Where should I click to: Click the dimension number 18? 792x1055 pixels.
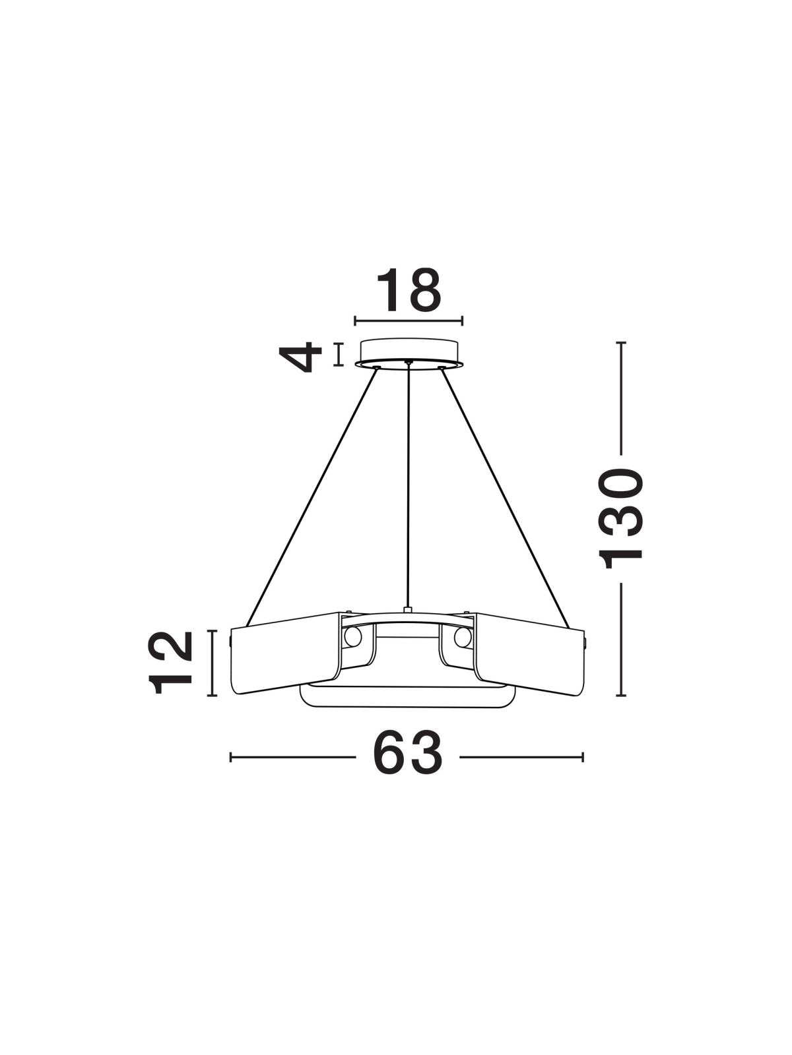[x=409, y=290]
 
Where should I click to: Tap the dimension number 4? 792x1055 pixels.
[x=300, y=357]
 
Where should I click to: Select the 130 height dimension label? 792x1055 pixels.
[x=620, y=519]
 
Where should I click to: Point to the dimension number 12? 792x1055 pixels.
[x=171, y=663]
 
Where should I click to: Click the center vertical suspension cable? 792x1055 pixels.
[x=409, y=485]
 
